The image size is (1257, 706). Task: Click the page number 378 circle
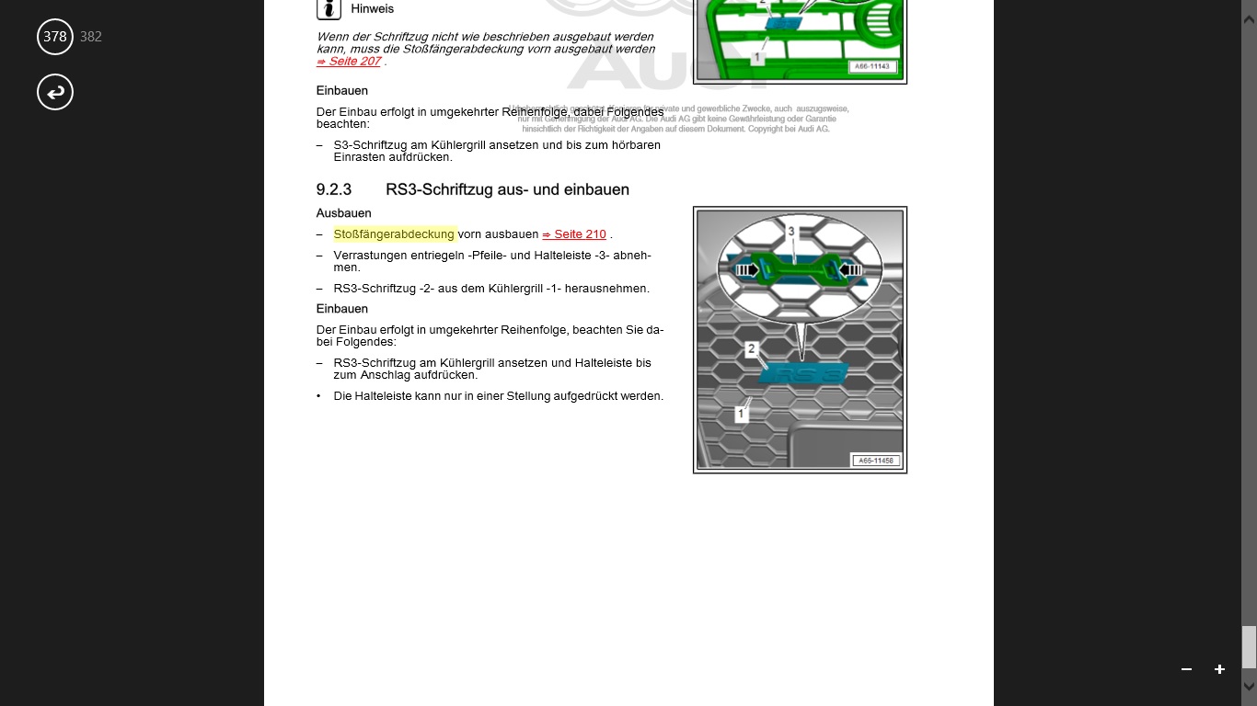tap(55, 37)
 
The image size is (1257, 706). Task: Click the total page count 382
tap(91, 37)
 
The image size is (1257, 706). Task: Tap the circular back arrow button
tap(55, 92)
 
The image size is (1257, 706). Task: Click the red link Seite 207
tap(349, 62)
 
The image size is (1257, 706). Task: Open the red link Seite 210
tap(574, 234)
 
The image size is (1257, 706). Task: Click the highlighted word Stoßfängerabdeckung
tap(394, 234)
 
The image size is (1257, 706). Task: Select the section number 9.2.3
tap(334, 189)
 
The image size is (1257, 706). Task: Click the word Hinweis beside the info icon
tap(373, 9)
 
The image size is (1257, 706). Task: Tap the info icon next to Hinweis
tap(329, 9)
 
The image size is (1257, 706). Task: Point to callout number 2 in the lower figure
tap(752, 349)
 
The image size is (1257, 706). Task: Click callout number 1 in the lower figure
tap(741, 414)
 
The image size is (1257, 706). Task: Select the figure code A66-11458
tap(875, 461)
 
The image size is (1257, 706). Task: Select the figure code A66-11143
tap(874, 66)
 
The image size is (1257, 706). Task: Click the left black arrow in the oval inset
tap(745, 270)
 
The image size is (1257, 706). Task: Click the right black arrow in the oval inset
tap(849, 270)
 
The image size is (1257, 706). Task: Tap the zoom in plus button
tap(1219, 669)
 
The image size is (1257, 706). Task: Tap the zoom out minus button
tap(1186, 669)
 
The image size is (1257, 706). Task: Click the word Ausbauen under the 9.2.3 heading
tap(343, 213)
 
